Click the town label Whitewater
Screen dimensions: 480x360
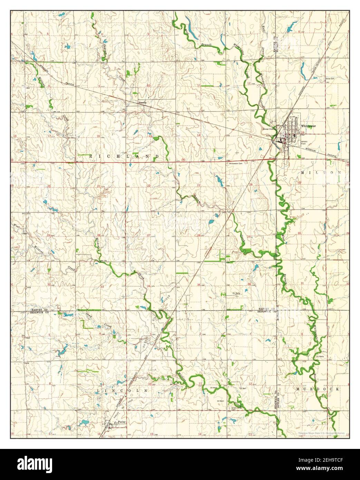pyautogui.click(x=308, y=126)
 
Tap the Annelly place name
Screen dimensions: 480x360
pyautogui.click(x=143, y=103)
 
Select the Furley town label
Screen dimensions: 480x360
pyautogui.click(x=121, y=422)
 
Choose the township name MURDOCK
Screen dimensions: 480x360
pyautogui.click(x=318, y=389)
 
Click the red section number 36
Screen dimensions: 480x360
pyautogui.click(x=249, y=284)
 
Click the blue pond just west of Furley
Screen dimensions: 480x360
pyautogui.click(x=83, y=422)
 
